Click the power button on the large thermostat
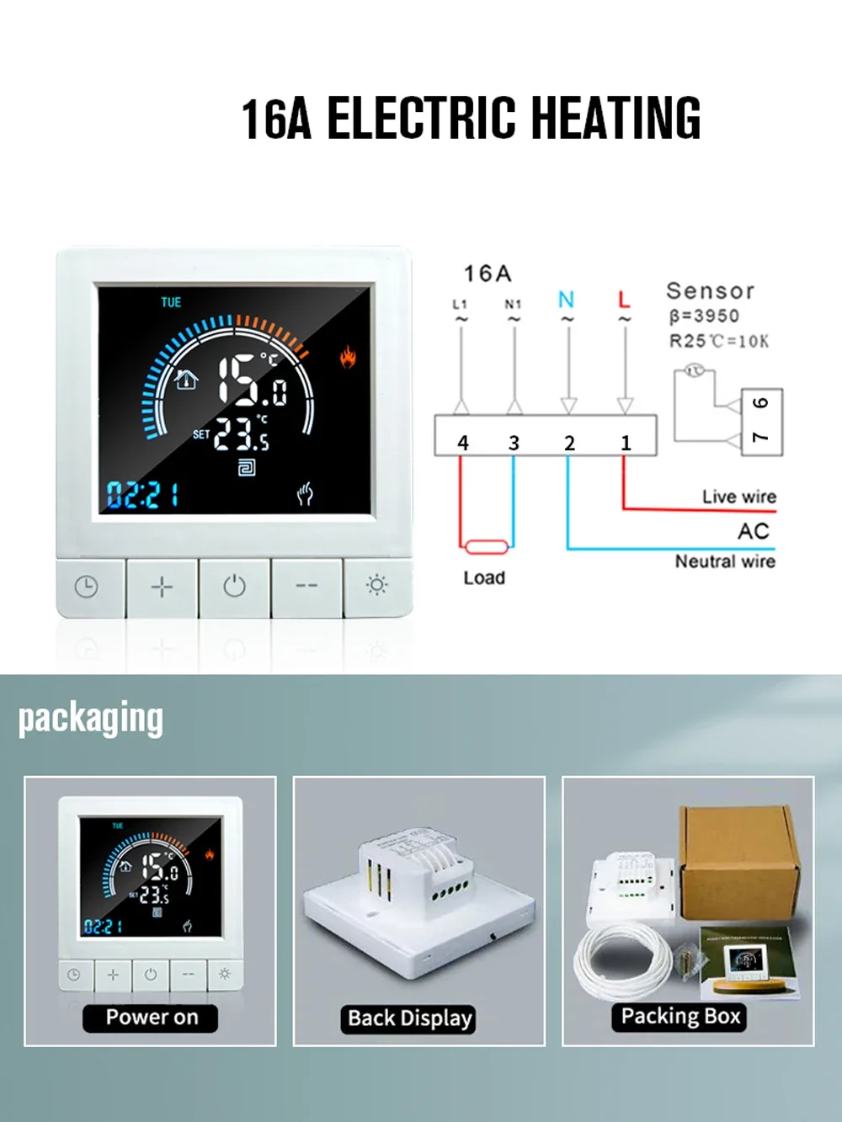click(x=234, y=586)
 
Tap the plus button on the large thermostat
click(x=162, y=586)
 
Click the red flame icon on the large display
click(x=347, y=358)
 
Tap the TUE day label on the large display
click(x=171, y=302)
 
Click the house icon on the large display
click(x=186, y=380)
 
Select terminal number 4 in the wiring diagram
click(x=462, y=443)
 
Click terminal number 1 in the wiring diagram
click(x=626, y=443)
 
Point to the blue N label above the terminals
click(x=566, y=300)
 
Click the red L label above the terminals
click(x=624, y=300)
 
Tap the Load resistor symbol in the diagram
click(x=487, y=547)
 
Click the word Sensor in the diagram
click(x=710, y=291)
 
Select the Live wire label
click(x=739, y=497)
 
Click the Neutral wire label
click(x=725, y=561)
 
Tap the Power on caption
click(x=152, y=1018)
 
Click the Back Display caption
click(x=410, y=1018)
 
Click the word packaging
click(x=91, y=719)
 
